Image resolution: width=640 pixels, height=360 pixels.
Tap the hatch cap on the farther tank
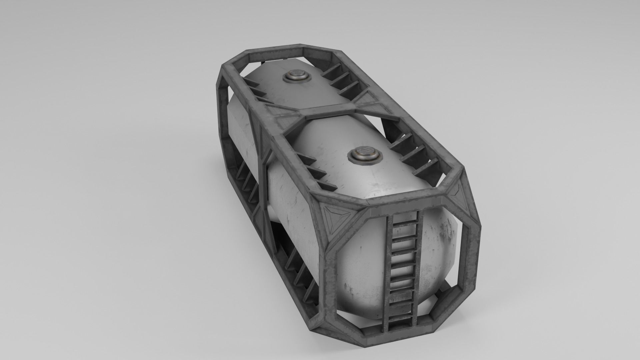(x=296, y=76)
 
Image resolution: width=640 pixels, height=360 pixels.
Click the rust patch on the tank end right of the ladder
(x=447, y=237)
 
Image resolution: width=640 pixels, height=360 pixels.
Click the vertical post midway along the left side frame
(x=263, y=173)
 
